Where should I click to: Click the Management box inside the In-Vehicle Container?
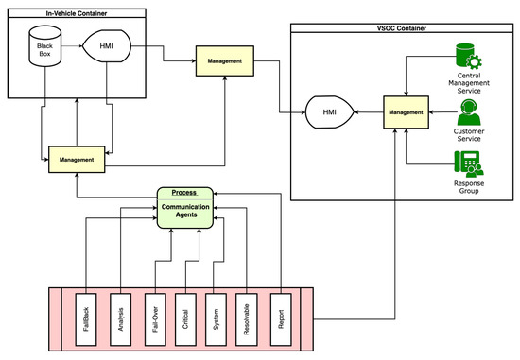[77, 160]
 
